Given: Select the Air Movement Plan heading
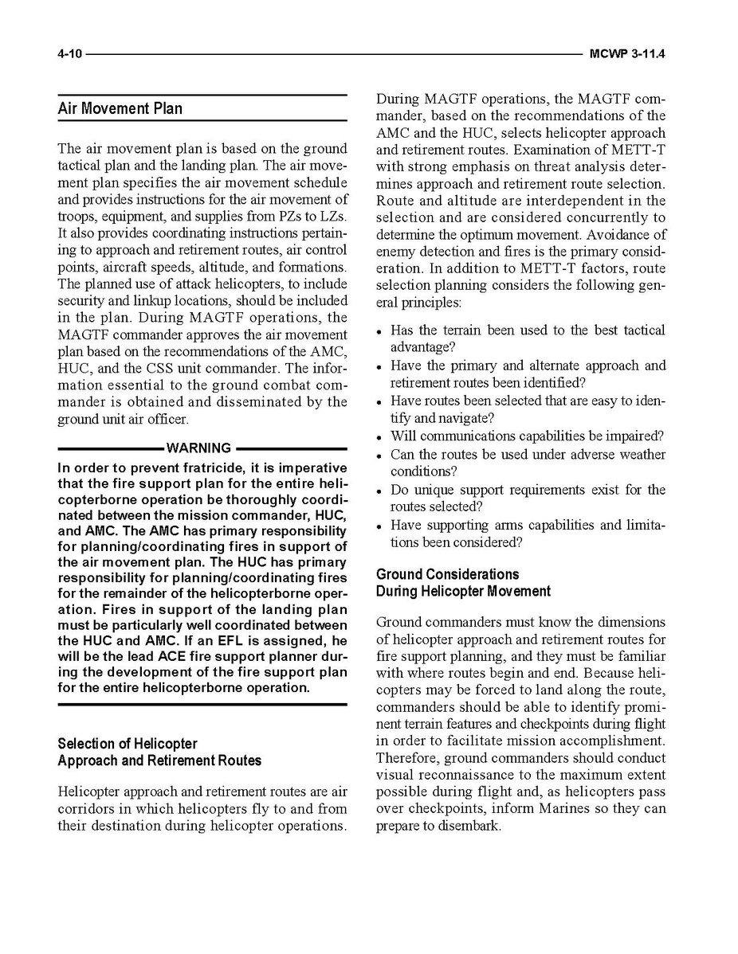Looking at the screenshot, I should (x=120, y=108).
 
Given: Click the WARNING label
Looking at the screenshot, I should (x=198, y=448).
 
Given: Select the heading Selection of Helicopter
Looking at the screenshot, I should (x=127, y=744).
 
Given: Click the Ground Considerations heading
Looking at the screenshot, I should (x=447, y=574).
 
